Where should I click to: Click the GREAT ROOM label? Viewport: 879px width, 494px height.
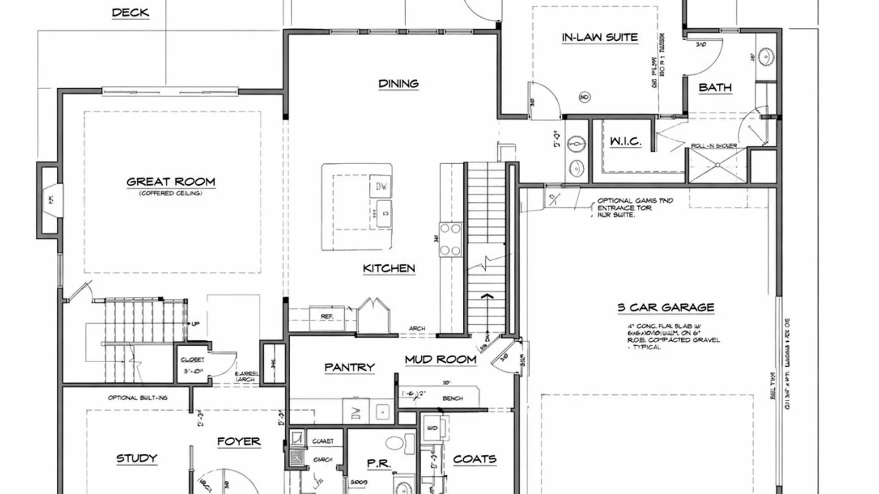click(x=171, y=182)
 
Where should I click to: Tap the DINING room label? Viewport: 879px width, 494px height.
click(x=398, y=84)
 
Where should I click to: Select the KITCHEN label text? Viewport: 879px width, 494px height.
click(x=389, y=268)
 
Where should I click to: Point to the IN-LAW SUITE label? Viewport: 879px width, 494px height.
click(x=600, y=38)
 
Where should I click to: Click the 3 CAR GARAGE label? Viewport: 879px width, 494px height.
click(x=666, y=307)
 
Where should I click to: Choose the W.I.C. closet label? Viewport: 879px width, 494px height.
click(x=625, y=141)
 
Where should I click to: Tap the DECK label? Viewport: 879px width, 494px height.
click(x=130, y=12)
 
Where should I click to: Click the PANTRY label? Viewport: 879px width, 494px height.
click(x=349, y=367)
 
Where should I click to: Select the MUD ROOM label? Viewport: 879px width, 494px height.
click(x=440, y=360)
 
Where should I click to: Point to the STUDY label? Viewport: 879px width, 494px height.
click(x=136, y=458)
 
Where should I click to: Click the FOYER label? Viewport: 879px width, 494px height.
click(x=239, y=441)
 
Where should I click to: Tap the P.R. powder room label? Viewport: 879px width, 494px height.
click(x=379, y=464)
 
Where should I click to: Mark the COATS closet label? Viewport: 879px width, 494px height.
click(x=475, y=459)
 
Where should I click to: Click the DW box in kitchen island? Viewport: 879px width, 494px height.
click(x=381, y=186)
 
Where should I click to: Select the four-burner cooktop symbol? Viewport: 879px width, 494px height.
click(x=450, y=239)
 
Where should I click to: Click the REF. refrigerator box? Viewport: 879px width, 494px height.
click(x=327, y=317)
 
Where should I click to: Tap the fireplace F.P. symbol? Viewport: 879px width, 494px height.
click(x=51, y=199)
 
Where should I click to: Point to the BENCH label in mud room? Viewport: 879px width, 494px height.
click(x=452, y=398)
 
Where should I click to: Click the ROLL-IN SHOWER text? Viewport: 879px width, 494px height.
click(x=714, y=146)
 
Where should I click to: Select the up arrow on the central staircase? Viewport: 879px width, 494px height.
click(x=487, y=297)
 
